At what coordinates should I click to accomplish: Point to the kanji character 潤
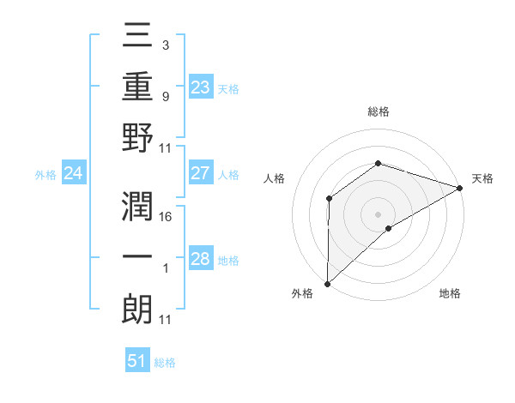[138, 208]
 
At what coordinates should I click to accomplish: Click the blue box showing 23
[201, 87]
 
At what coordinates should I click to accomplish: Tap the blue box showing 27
[201, 174]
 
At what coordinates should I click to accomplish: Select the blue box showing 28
[201, 260]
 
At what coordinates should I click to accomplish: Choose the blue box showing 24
[74, 174]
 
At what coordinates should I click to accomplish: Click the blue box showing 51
[137, 361]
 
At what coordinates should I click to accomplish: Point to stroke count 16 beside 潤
[167, 216]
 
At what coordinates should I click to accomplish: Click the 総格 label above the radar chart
[378, 111]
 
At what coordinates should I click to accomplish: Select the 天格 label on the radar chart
[482, 178]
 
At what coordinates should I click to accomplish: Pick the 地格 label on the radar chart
[450, 293]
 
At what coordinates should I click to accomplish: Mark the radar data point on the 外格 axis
[327, 283]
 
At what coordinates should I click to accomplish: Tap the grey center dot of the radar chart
[378, 214]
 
